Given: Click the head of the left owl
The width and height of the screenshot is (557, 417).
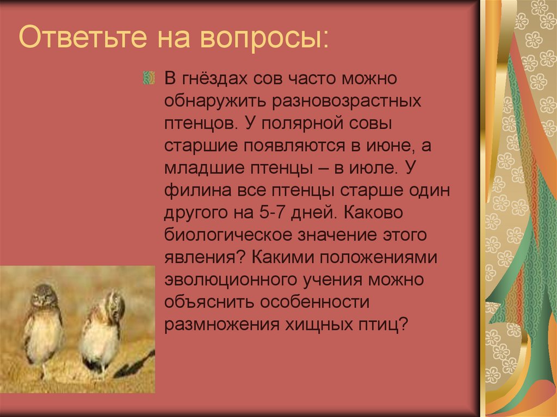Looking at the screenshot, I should pos(44,297).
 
